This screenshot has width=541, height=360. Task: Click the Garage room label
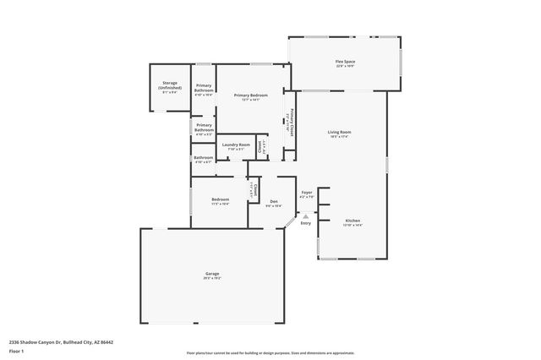coord(212,273)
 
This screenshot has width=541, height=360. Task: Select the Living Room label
coord(340,133)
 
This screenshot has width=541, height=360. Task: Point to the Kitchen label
coord(352,220)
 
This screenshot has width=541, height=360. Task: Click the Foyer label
coord(307,193)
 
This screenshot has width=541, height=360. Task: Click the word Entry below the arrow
coord(305,223)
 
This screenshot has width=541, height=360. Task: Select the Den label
coord(274,201)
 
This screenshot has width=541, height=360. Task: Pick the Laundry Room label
coord(236,145)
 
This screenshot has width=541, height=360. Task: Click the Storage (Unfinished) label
coord(169,86)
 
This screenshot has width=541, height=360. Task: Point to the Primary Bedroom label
coord(251,95)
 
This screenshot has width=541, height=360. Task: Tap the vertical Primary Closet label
coord(291,123)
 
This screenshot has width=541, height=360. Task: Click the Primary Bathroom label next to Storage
coord(204,88)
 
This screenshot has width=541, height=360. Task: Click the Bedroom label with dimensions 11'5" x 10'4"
coord(220,199)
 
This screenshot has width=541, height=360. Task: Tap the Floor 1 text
coord(16,351)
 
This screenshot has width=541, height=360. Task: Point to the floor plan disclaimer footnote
coord(270,353)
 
